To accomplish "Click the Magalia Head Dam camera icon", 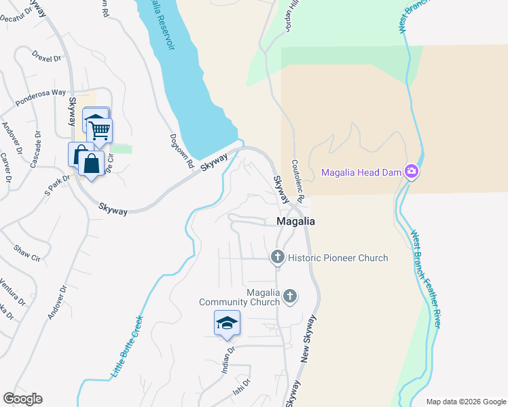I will (x=410, y=172).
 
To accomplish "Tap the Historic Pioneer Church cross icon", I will (x=277, y=257).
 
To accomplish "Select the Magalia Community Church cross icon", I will (x=290, y=296).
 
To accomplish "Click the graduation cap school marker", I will (x=227, y=323).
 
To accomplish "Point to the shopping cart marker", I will (x=100, y=130).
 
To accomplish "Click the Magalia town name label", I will (x=295, y=221).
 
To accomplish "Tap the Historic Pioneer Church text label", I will (x=338, y=258).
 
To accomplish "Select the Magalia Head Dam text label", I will (x=361, y=172).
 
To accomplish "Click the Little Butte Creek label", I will (x=127, y=347).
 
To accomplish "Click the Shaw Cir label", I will (x=27, y=254).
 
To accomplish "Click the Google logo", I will (x=22, y=399).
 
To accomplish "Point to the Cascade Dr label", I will (x=36, y=150).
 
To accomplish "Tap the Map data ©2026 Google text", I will (x=465, y=402).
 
